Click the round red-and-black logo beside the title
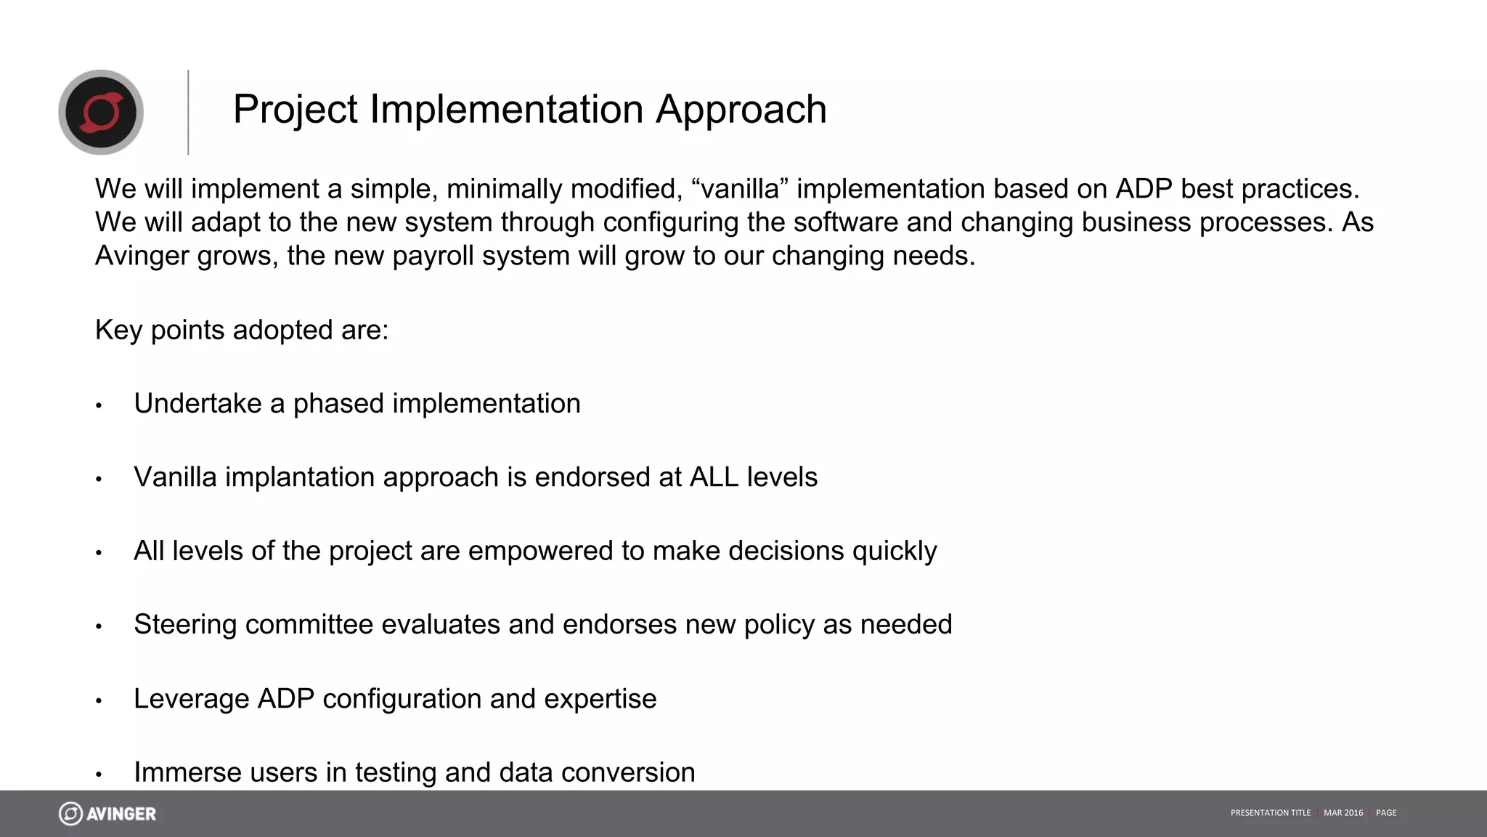tap(101, 112)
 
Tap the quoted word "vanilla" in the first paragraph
tap(740, 189)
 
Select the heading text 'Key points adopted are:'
tap(242, 330)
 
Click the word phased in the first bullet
tap(338, 404)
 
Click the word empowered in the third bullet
tap(540, 551)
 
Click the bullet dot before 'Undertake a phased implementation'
tap(99, 405)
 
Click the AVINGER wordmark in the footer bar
tap(121, 814)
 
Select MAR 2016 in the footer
tap(1343, 813)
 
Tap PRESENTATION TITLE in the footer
tap(1271, 813)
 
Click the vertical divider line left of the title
tap(188, 112)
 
